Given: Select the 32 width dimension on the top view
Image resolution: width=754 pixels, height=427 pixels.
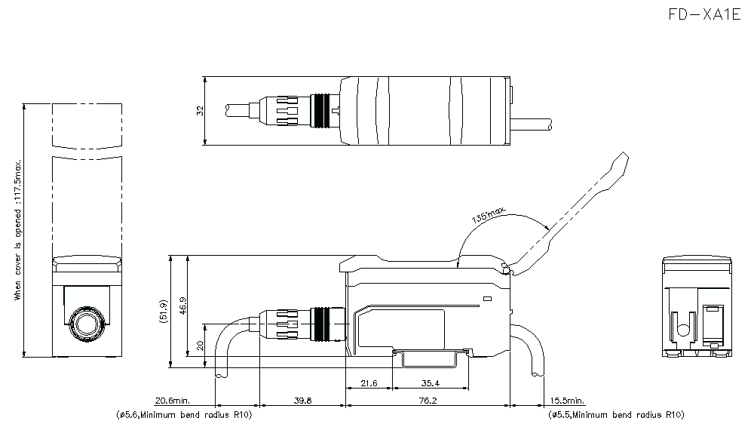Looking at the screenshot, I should (x=200, y=110).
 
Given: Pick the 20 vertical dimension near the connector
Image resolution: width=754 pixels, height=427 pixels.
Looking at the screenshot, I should (x=200, y=346).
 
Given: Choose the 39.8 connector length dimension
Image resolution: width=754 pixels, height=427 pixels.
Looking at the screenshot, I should (x=302, y=401).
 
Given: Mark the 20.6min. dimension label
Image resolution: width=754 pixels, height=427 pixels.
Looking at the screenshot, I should (x=173, y=401).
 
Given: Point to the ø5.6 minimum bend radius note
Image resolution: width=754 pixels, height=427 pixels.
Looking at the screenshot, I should (x=184, y=415).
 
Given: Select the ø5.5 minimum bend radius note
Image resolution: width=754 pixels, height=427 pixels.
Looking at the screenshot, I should (x=616, y=415).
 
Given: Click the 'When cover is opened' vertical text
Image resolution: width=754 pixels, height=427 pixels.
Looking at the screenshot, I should (x=18, y=230).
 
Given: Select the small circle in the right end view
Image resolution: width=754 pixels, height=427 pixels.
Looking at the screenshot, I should (x=682, y=329).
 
